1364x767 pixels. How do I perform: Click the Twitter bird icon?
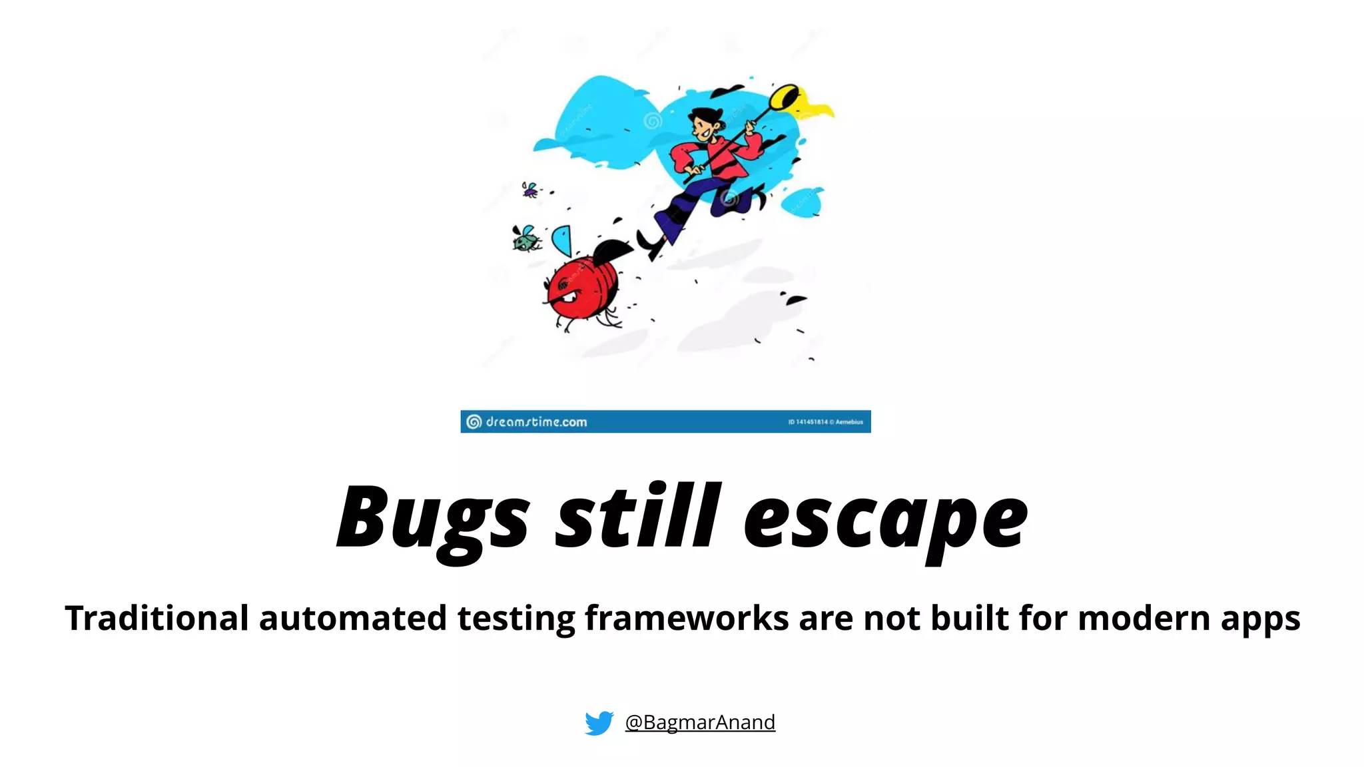[599, 722]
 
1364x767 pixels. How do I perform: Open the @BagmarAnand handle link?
[700, 722]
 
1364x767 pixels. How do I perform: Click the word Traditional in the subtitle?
[157, 618]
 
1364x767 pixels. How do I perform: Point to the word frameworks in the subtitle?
[687, 618]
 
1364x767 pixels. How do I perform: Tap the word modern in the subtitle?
[1144, 618]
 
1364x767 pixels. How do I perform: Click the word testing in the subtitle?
[516, 619]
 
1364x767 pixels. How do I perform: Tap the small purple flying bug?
[529, 190]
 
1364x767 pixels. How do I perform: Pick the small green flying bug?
[525, 238]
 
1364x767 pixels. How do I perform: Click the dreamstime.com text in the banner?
[535, 422]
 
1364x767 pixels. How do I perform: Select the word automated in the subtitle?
[352, 618]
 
